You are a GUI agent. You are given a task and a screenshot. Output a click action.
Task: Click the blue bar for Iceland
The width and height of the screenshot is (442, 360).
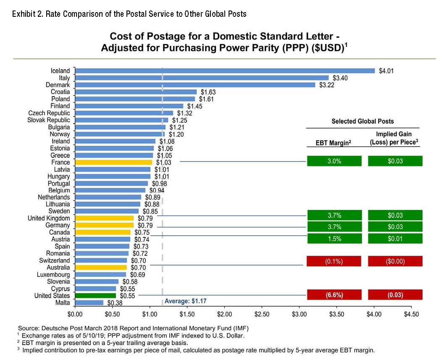pos(224,71)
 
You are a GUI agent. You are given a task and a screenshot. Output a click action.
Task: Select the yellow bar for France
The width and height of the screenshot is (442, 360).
pos(113,162)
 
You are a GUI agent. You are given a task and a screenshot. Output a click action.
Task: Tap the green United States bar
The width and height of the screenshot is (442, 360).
pos(95,296)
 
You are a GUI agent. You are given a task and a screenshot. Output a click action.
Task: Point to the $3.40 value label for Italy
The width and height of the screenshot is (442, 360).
pos(340,78)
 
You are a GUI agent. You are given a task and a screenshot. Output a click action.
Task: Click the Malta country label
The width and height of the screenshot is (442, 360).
pos(63,303)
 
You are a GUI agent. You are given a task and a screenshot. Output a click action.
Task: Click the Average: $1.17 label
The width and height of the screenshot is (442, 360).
pos(185,301)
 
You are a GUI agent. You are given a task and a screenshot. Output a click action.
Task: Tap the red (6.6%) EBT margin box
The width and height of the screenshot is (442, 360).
pos(334,295)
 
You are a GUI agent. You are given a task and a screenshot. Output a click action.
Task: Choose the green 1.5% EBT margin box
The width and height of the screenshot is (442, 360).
pos(334,239)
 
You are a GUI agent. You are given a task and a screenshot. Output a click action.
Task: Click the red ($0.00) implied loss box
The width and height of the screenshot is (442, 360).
pos(395,261)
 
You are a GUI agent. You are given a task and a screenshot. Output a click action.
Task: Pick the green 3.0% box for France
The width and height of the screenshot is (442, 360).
pos(334,161)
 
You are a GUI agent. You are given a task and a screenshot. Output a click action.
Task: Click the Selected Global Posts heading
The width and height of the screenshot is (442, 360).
pos(363,121)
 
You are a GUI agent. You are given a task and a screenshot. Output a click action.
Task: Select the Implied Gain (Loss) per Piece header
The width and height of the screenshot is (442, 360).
pos(395,138)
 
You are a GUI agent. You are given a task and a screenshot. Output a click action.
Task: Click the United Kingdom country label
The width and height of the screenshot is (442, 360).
pos(49,218)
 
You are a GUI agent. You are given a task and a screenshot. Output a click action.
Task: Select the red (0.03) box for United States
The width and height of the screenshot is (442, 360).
pos(395,295)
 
